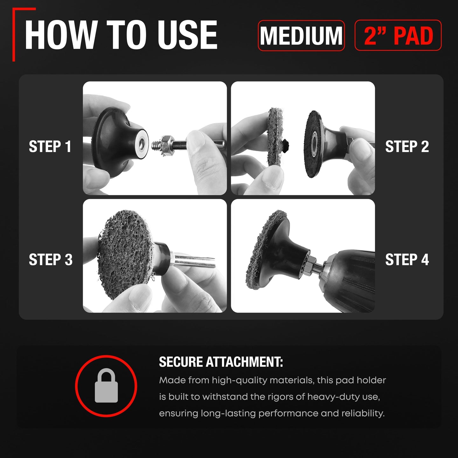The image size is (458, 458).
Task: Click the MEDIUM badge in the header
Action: coord(301,36)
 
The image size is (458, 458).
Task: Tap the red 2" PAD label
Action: coord(398,36)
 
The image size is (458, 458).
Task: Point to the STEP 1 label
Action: coord(50,146)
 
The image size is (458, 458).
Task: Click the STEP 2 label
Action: coord(407,146)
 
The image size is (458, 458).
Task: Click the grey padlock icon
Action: coord(106,385)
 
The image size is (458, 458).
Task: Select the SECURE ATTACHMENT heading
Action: coord(221,362)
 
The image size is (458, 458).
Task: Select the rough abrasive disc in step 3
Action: coord(126,255)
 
